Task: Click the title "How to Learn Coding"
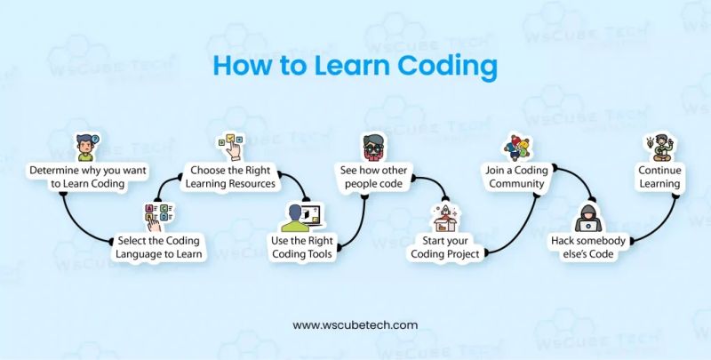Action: (355, 67)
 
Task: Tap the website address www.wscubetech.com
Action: (355, 325)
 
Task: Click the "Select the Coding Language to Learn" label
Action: (160, 247)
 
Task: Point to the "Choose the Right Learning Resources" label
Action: (234, 176)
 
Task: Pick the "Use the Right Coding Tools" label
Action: (302, 247)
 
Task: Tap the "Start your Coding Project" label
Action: (445, 247)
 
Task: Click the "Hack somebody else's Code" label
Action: (591, 247)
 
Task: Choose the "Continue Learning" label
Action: (659, 176)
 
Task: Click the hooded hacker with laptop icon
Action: (591, 217)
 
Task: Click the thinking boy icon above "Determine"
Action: (86, 146)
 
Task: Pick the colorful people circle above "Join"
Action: (516, 147)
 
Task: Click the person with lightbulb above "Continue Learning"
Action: (659, 147)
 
